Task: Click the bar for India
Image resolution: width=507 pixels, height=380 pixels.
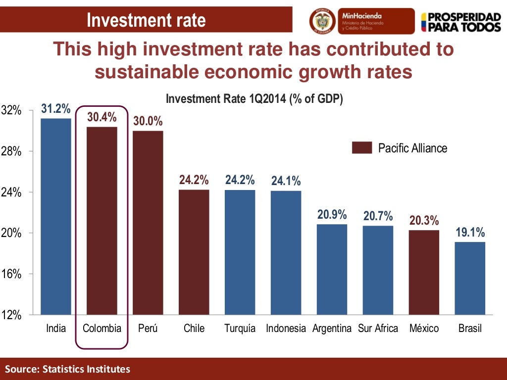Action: point(55,216)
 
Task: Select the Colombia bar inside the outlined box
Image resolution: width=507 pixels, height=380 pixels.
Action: point(102,221)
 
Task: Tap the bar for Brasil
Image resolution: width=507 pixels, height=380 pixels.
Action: point(470,278)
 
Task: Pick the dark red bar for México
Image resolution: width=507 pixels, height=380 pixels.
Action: point(424,272)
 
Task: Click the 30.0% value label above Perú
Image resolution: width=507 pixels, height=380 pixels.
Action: point(148,121)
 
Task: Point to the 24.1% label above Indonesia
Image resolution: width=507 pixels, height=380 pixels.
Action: point(286,182)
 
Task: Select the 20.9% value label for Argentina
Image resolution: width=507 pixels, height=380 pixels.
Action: point(332,215)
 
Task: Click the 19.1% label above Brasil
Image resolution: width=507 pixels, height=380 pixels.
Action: point(470,233)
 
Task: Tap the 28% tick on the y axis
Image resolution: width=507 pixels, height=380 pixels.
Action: point(10,152)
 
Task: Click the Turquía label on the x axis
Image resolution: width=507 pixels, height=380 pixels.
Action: point(240,329)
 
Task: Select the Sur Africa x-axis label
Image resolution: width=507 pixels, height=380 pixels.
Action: point(378,329)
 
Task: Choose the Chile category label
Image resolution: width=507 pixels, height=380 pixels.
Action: point(194,329)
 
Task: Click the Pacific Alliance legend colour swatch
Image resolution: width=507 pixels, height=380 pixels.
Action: point(362,148)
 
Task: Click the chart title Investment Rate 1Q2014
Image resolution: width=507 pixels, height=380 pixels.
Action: point(254,99)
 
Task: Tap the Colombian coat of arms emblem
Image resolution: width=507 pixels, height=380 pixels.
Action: point(322,21)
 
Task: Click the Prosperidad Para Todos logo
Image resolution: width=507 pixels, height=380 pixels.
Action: point(460,21)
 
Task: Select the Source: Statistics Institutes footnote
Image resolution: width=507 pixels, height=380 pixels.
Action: point(68,369)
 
